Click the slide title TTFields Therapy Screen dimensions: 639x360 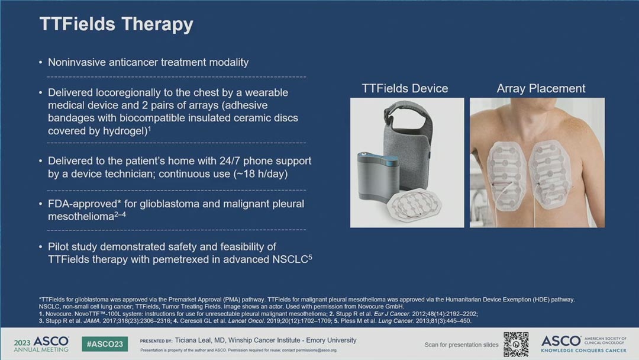(116, 24)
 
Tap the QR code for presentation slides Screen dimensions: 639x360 (516, 345)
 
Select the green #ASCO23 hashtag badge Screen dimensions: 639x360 (105, 344)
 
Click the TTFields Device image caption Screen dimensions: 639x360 (405, 88)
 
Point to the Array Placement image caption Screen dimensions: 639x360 (541, 88)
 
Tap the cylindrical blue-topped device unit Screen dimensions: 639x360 (377, 178)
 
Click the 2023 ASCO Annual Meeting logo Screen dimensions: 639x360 (41, 344)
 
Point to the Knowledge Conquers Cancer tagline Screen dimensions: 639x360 (583, 350)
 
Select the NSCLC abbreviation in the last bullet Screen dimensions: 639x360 (290, 259)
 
